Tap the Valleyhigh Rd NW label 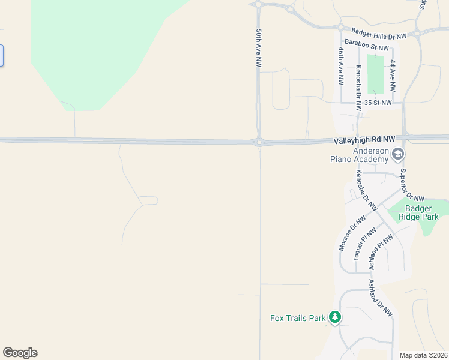coord(364,139)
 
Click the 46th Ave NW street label coord(340,66)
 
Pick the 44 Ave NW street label coord(393,75)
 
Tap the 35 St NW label coord(378,103)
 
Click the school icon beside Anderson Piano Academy coord(397,155)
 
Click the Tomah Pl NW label coord(364,244)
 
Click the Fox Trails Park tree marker coord(335,317)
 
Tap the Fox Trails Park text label coord(297,318)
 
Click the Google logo coord(20,353)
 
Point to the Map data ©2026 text coord(423,355)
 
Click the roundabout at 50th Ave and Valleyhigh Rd coord(259,142)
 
